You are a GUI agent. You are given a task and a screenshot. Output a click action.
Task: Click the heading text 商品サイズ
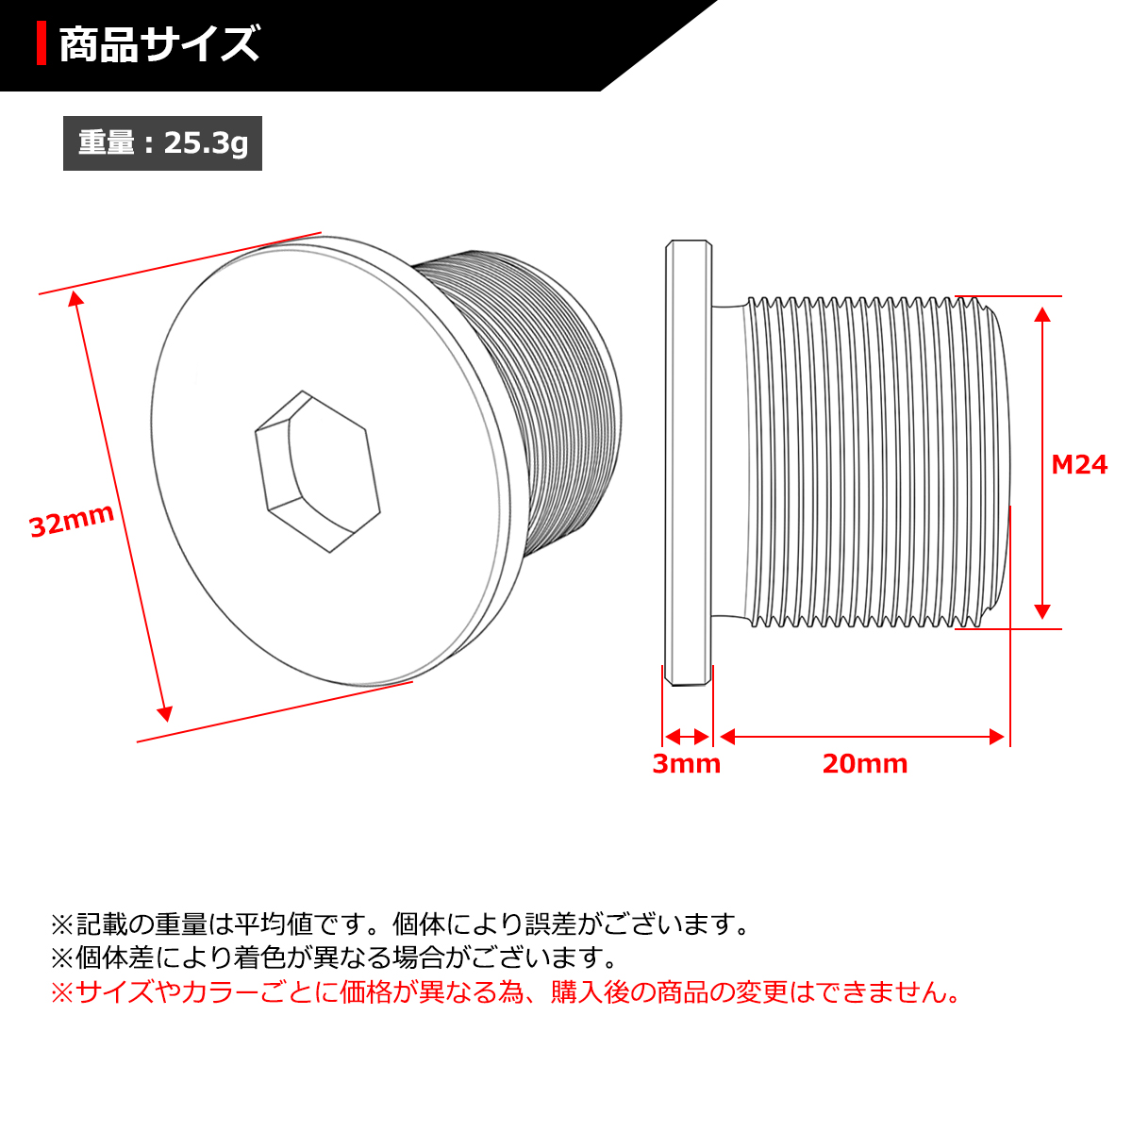click(x=158, y=44)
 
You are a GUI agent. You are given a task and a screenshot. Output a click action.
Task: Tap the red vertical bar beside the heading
click(x=42, y=44)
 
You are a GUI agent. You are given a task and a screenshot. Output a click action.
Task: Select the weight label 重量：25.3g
click(x=162, y=143)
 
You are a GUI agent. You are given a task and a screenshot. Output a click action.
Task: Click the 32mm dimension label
click(x=72, y=520)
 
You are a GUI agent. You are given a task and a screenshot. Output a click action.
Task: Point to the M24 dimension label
click(x=1079, y=464)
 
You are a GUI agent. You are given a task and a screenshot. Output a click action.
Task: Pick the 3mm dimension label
click(x=686, y=763)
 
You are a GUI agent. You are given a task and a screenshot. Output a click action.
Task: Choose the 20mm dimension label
click(x=864, y=763)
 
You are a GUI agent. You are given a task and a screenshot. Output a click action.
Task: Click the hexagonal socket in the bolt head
click(x=318, y=471)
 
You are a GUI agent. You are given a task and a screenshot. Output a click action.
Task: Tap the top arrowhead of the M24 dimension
click(x=1042, y=314)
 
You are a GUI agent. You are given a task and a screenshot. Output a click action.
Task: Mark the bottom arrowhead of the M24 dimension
click(x=1042, y=610)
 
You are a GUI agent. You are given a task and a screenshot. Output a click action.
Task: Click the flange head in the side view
click(x=688, y=462)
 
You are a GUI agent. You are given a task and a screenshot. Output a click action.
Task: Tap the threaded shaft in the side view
click(x=868, y=462)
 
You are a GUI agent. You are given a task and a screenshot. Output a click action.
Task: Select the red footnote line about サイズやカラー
click(x=506, y=992)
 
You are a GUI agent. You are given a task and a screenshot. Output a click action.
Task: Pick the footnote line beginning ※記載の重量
click(x=400, y=924)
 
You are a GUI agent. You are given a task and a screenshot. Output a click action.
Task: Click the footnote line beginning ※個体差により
click(x=334, y=957)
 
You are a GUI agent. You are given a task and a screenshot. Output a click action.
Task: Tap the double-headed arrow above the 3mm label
click(x=687, y=737)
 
